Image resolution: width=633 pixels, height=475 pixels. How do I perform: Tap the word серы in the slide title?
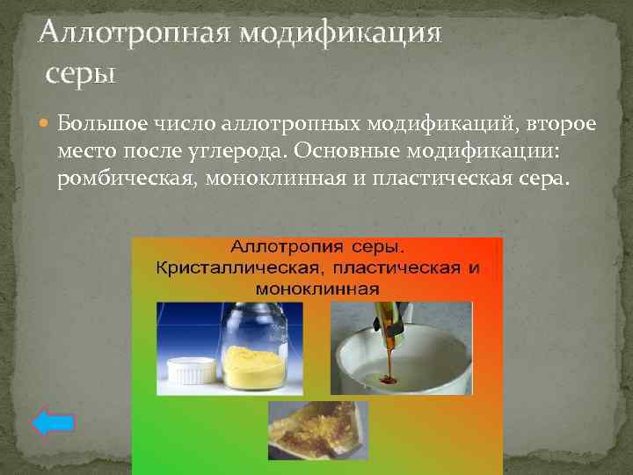coord(81,73)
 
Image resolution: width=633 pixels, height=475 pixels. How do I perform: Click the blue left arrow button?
coord(53,423)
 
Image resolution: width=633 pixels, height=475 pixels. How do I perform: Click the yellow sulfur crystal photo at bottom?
coord(317,429)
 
